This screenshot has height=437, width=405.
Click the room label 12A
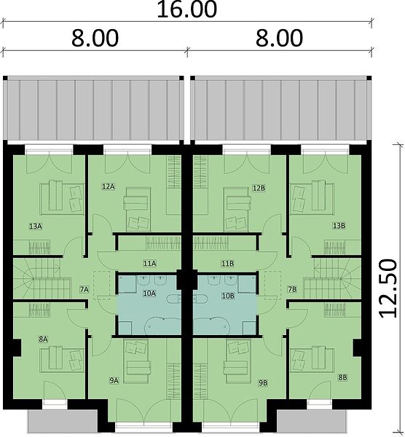(x=108, y=186)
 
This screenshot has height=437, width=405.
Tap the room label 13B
(x=339, y=226)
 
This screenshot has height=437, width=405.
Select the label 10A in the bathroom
(x=149, y=294)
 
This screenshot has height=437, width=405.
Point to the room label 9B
(x=263, y=383)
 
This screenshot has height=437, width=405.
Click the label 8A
(x=43, y=339)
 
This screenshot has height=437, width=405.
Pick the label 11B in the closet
(x=227, y=263)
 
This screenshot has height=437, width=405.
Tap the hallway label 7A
(x=84, y=290)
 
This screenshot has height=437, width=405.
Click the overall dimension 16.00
(x=186, y=9)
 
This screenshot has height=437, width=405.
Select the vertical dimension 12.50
(x=388, y=288)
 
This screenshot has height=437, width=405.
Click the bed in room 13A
(x=62, y=198)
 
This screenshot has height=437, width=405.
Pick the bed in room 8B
(x=312, y=360)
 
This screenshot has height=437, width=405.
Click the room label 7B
(x=292, y=290)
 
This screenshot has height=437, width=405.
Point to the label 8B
(x=342, y=377)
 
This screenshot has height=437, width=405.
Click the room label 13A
(x=36, y=227)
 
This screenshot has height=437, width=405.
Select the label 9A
(x=114, y=381)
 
